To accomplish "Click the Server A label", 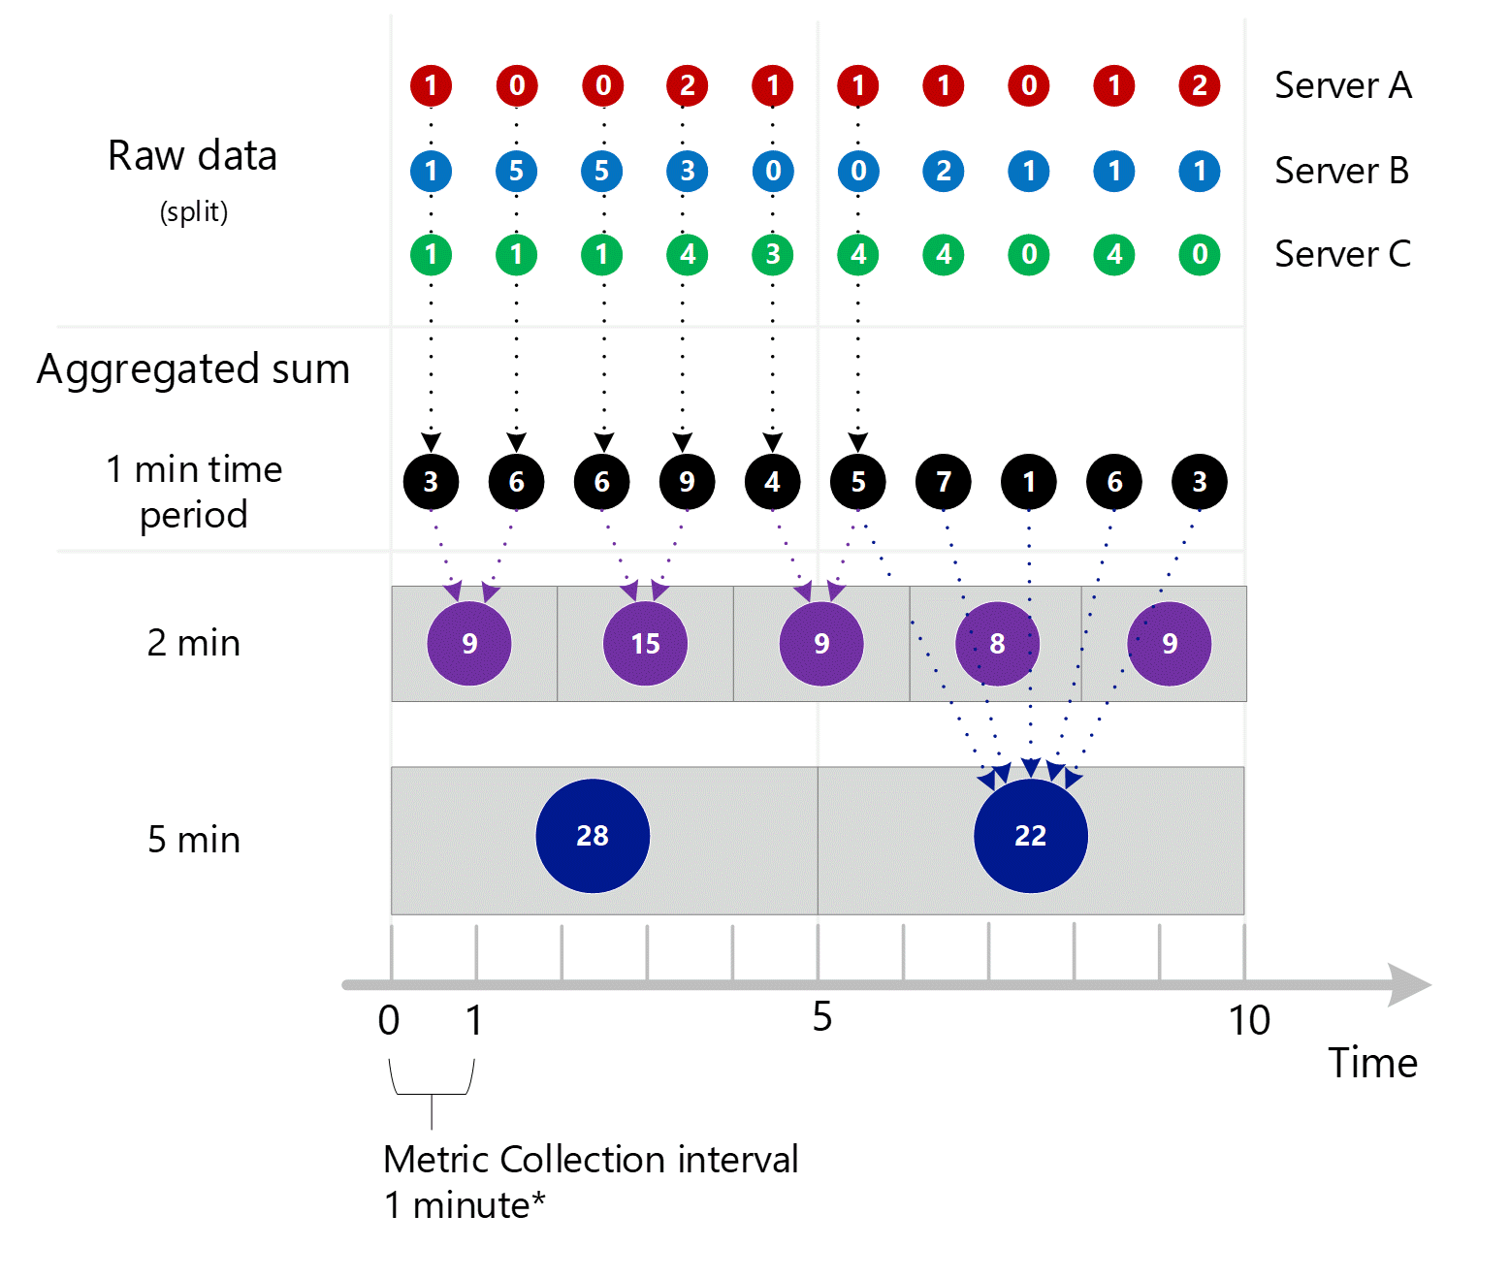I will (x=1342, y=85).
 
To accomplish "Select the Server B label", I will (x=1341, y=171).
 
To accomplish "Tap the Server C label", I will (x=1342, y=254).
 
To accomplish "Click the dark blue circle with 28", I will (x=593, y=835).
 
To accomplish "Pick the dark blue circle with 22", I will (x=1030, y=835).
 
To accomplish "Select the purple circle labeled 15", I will (x=645, y=643).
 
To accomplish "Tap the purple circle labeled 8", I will (x=997, y=643).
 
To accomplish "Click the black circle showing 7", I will (x=944, y=482).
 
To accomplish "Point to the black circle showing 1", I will (x=1029, y=482).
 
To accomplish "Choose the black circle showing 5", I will (x=858, y=482).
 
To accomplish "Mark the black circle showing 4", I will (x=773, y=482).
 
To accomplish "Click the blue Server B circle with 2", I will (x=944, y=172).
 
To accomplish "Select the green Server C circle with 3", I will (x=773, y=255).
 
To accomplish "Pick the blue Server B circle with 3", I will (x=688, y=172).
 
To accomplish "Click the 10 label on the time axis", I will (x=1248, y=1020).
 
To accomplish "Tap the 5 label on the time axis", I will (x=821, y=1017).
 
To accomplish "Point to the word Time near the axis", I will (x=1372, y=1063).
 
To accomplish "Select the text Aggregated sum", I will (x=193, y=369).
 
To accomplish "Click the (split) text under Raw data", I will (x=194, y=211).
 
